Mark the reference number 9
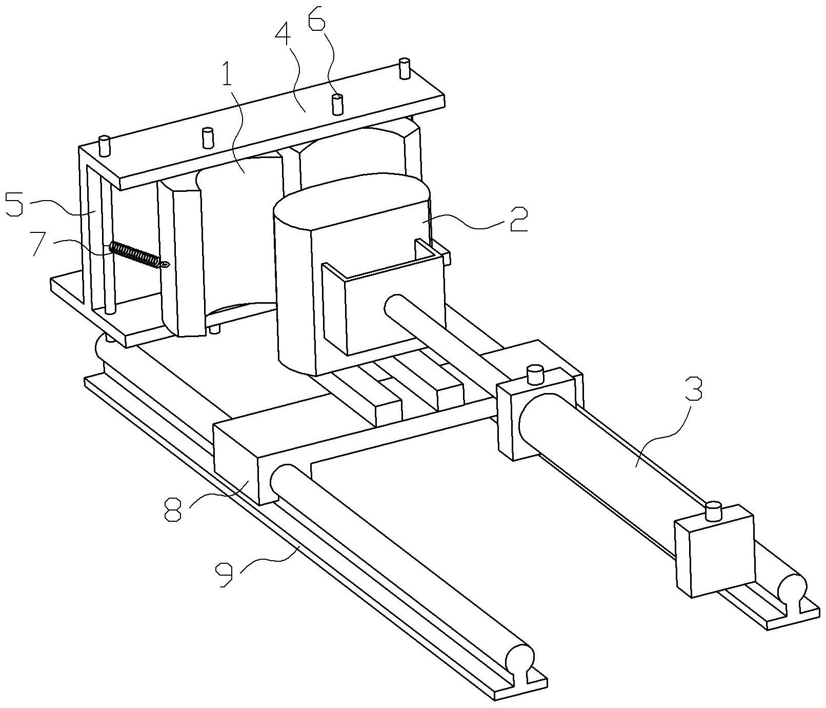[x=225, y=574]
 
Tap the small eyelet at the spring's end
[x=165, y=265]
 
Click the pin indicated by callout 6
[x=337, y=104]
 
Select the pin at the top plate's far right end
[x=405, y=68]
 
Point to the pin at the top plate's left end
[x=105, y=146]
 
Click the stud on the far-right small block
[x=713, y=512]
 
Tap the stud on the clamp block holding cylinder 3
[x=536, y=373]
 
